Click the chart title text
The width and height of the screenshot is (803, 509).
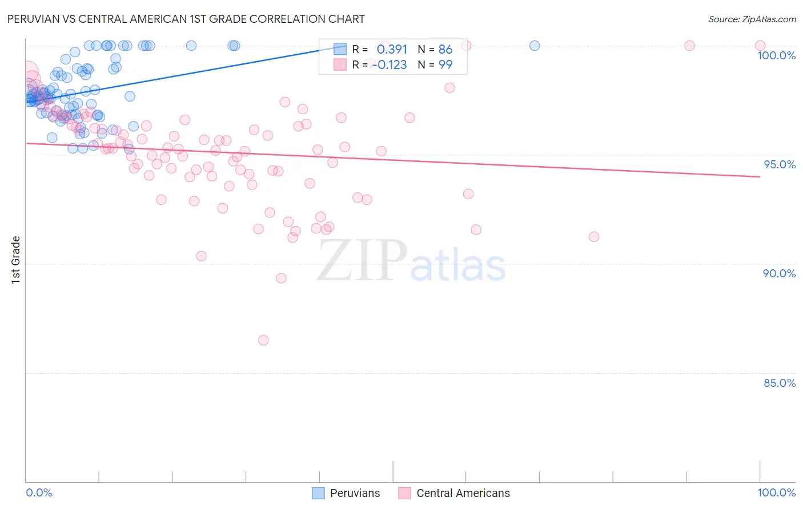click(186, 19)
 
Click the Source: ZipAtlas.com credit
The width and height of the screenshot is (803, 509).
click(752, 19)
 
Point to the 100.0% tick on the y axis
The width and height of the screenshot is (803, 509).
click(776, 55)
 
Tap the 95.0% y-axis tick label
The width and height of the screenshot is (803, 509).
click(780, 164)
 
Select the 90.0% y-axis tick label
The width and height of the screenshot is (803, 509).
click(779, 273)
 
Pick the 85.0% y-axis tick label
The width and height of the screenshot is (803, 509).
click(780, 383)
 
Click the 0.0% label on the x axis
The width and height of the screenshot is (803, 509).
click(39, 492)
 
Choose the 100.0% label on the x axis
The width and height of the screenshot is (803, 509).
click(776, 492)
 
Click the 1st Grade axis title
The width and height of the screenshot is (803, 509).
click(16, 260)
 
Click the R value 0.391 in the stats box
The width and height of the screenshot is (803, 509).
click(392, 49)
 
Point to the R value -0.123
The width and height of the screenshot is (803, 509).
click(390, 65)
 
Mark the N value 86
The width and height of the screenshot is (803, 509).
click(445, 49)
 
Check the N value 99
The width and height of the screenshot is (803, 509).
click(445, 65)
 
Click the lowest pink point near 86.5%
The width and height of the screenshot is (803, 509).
click(263, 340)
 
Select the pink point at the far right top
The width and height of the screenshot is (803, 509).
click(760, 46)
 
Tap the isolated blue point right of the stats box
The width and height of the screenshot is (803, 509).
click(535, 46)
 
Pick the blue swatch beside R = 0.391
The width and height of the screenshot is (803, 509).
click(340, 49)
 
